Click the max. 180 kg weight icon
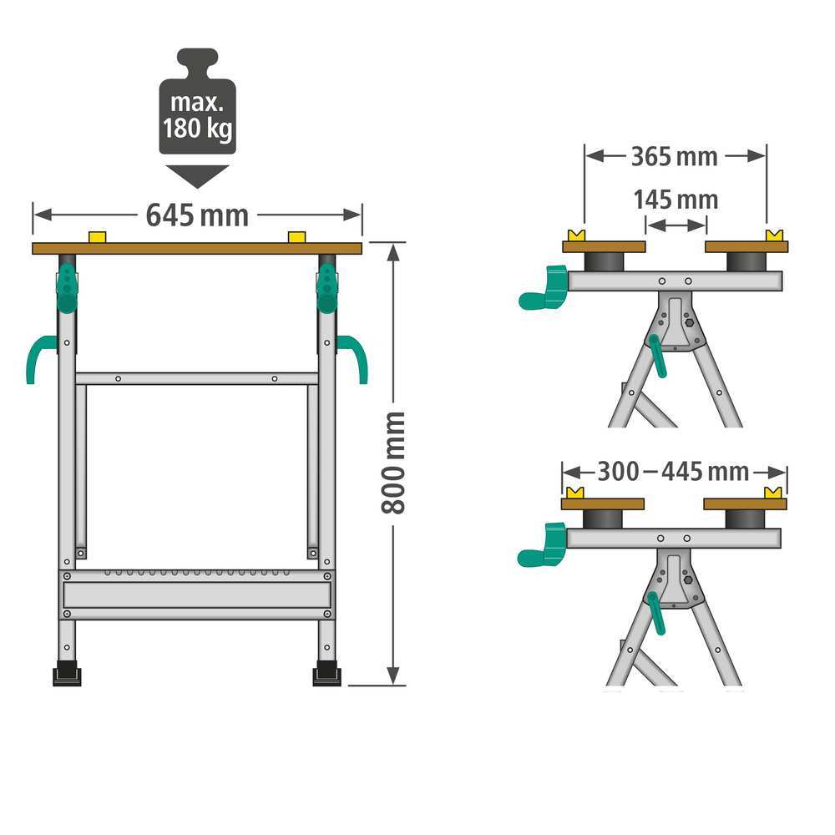(x=197, y=104)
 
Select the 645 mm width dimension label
(x=197, y=215)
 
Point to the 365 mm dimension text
(x=674, y=156)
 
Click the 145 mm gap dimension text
(x=675, y=200)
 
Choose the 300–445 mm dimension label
(x=673, y=472)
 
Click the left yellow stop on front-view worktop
(x=98, y=238)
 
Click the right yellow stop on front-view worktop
(x=296, y=238)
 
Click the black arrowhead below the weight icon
(x=197, y=175)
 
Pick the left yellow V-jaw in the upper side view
(x=575, y=235)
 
